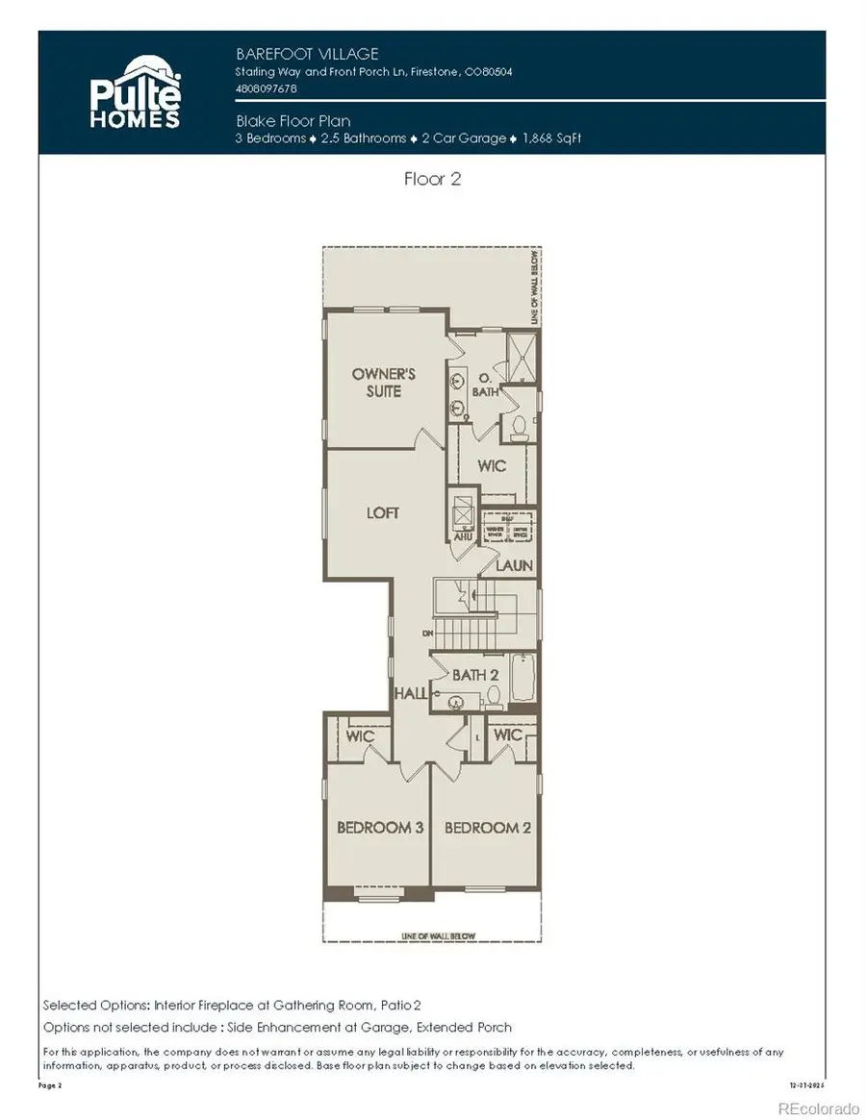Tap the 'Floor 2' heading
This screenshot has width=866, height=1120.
[x=431, y=179]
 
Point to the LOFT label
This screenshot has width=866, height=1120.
[x=383, y=512]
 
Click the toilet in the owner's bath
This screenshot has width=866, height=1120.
[x=521, y=426]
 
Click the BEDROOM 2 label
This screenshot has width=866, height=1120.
[x=488, y=827]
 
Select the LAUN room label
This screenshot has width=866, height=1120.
[x=514, y=565]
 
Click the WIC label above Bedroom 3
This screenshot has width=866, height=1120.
[x=360, y=735]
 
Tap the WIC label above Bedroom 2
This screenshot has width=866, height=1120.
[x=507, y=735]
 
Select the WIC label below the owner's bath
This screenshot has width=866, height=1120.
[x=492, y=466]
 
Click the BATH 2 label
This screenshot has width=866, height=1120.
[x=475, y=675]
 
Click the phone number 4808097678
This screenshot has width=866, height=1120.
[x=267, y=88]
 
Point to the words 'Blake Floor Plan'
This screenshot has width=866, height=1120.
[x=293, y=121]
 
